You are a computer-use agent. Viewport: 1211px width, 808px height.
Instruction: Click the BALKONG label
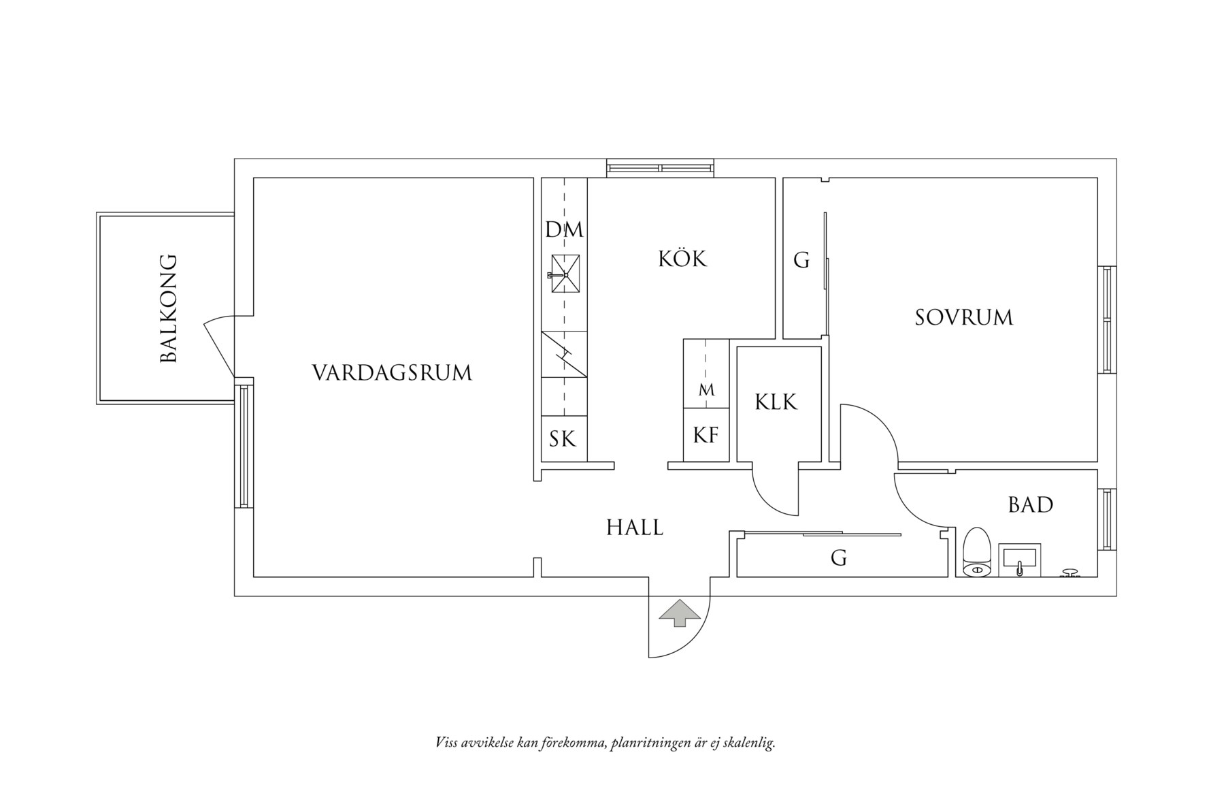point(168,308)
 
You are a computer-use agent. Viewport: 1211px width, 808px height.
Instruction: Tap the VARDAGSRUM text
point(392,373)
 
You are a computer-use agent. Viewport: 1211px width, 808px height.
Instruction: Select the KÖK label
point(682,259)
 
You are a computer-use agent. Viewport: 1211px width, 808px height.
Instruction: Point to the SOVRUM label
point(963,318)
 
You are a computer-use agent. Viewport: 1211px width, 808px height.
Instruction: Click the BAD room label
point(1030,505)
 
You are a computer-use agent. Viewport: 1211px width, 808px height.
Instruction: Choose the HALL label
point(634,528)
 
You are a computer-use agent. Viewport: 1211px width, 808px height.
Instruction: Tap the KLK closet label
point(776,402)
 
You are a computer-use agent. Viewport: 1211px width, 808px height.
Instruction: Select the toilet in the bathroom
point(978,552)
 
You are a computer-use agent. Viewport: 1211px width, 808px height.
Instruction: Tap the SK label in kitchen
point(563,439)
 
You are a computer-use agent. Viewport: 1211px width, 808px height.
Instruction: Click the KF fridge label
point(706,435)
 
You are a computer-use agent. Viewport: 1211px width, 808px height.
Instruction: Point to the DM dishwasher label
point(564,230)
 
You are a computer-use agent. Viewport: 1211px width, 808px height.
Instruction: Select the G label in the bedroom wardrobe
point(801,260)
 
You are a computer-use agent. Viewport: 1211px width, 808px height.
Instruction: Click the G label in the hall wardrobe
point(838,559)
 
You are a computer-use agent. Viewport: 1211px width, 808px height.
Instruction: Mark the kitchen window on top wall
point(660,168)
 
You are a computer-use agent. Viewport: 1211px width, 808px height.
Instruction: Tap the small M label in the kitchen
point(706,391)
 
